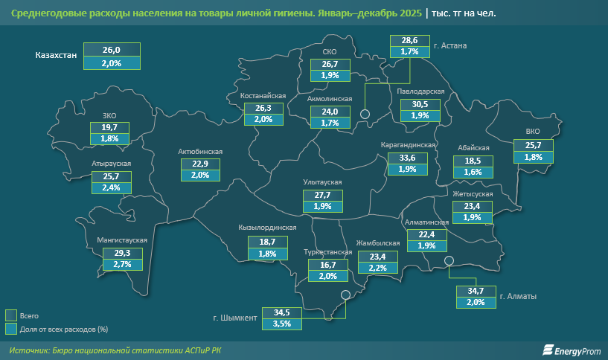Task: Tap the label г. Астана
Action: [x=450, y=46]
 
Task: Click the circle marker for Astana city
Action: [x=365, y=114]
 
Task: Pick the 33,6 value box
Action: [x=408, y=158]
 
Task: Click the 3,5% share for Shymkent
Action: [x=281, y=324]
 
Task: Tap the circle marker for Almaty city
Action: [x=449, y=260]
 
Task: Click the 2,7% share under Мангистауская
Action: [x=122, y=264]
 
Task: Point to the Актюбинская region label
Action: [x=200, y=152]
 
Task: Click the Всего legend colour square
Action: [x=10, y=315]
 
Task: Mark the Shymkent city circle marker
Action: [x=345, y=295]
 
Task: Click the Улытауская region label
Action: [x=322, y=182]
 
